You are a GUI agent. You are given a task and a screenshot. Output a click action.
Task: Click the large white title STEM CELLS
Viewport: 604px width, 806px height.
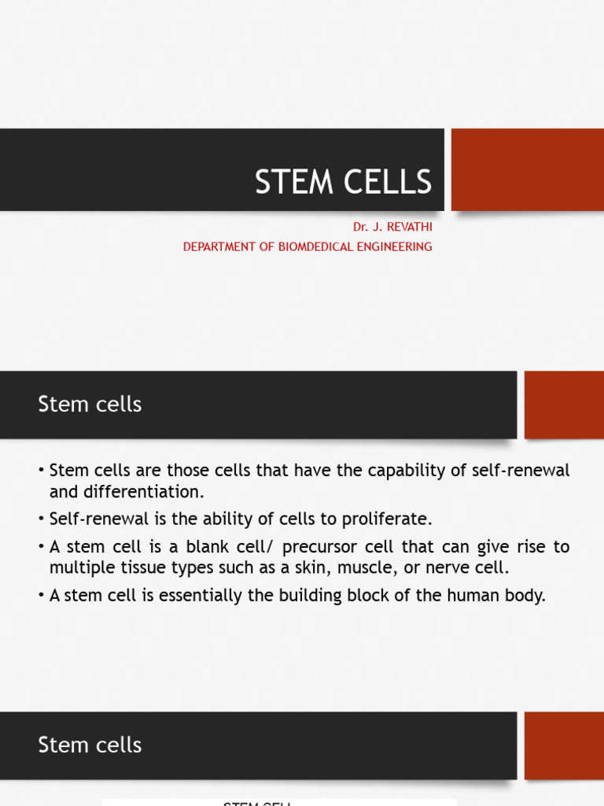pos(343,183)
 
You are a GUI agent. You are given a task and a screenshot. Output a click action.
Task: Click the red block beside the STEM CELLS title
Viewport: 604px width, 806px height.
pos(527,169)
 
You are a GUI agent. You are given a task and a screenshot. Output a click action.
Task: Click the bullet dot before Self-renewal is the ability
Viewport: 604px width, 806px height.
pos(42,519)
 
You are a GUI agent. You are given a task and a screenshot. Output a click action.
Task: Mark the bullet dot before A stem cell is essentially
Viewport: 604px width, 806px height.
pos(42,596)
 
